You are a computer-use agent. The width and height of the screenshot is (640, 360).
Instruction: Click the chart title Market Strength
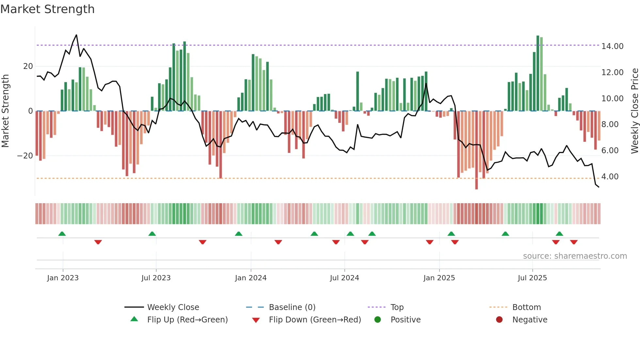click(x=47, y=9)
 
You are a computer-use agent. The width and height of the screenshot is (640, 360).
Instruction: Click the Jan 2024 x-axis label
click(x=250, y=278)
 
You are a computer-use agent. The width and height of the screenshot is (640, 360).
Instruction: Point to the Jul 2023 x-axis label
click(x=156, y=278)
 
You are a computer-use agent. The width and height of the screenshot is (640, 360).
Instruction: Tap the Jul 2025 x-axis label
click(x=532, y=278)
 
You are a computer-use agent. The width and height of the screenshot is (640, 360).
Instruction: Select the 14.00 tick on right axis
click(x=612, y=46)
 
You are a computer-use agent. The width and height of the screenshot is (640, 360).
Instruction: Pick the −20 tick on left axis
click(x=25, y=156)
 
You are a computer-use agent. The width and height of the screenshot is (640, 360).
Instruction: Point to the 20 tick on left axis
click(x=28, y=66)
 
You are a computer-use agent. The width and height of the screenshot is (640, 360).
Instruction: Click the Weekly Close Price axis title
click(x=634, y=111)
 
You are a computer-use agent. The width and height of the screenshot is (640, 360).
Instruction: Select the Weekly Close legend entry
click(x=173, y=307)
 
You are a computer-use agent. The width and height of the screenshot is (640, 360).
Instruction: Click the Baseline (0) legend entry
click(x=292, y=307)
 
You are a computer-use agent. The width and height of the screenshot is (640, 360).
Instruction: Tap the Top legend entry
click(x=397, y=307)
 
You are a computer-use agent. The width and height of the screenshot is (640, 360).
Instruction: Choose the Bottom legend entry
click(x=526, y=307)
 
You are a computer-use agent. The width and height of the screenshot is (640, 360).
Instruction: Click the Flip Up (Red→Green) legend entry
click(x=187, y=320)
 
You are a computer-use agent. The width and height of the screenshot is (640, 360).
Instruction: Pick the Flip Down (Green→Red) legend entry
click(x=314, y=320)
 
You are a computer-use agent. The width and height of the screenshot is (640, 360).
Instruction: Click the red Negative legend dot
click(x=499, y=319)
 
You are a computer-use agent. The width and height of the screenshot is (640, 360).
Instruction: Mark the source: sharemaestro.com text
click(x=575, y=256)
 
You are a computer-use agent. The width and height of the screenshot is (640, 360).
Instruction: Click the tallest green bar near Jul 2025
click(x=537, y=74)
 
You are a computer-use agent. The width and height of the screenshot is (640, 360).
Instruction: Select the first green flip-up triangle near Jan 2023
click(x=62, y=234)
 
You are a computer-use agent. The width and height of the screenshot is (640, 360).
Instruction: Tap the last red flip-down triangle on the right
click(x=574, y=242)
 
